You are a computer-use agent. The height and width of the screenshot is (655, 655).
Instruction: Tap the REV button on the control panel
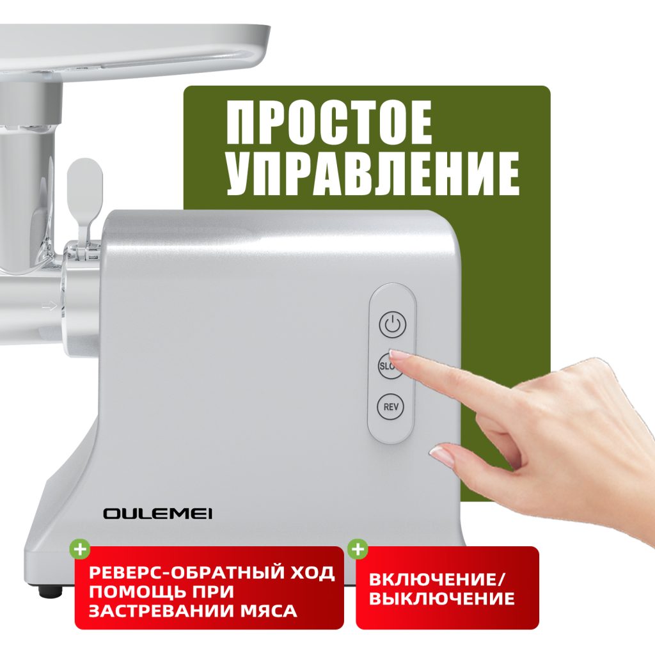(x=390, y=407)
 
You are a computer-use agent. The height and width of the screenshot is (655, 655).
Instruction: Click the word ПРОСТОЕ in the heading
(x=329, y=123)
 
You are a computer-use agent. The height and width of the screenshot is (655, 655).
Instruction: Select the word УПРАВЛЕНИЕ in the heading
(x=372, y=173)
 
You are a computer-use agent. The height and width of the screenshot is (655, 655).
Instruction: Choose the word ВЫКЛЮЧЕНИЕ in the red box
(x=441, y=600)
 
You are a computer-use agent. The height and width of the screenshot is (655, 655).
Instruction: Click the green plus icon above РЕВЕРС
(x=79, y=549)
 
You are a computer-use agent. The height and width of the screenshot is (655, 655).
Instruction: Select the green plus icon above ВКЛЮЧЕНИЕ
(x=358, y=549)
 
